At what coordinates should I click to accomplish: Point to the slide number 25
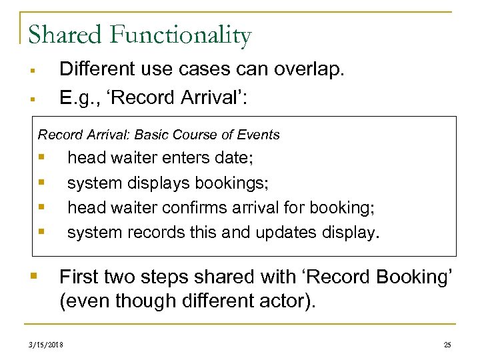(x=447, y=345)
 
